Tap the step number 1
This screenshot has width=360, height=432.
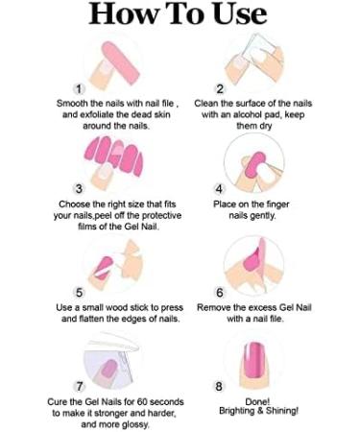point(79,88)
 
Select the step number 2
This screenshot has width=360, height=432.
point(220,88)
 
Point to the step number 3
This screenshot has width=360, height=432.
point(79,189)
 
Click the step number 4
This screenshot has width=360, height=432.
point(219,189)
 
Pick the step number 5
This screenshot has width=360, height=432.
point(79,292)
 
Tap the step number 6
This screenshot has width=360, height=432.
point(220,292)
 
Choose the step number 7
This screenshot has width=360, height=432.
point(79,386)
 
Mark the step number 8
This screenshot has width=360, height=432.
point(219,386)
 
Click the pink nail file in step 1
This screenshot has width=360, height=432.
point(121,62)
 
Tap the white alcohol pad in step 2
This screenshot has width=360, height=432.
point(257,48)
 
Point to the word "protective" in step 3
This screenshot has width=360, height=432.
point(161,215)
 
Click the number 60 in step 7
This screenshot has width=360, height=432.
point(142,401)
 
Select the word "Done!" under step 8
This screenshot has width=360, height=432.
point(257,401)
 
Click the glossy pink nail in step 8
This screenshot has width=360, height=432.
point(252,359)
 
